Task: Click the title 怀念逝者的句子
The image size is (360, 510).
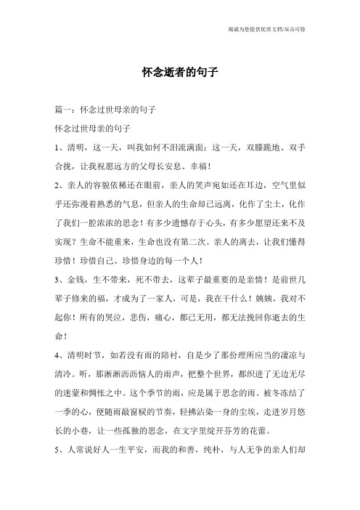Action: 179,73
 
